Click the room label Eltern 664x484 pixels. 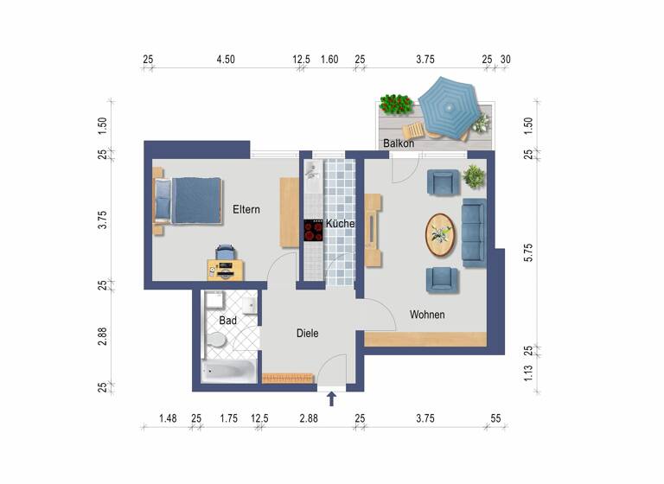click(246, 210)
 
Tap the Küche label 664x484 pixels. click(342, 224)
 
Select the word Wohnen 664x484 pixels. click(427, 315)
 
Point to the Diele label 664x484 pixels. click(308, 333)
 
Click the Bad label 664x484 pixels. click(227, 321)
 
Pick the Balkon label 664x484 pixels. click(399, 143)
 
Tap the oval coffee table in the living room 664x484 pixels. click(442, 233)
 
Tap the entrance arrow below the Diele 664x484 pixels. click(332, 399)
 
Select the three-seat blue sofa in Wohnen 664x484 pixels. click(474, 232)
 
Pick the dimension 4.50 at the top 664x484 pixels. click(226, 60)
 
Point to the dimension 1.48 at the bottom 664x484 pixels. click(168, 419)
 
